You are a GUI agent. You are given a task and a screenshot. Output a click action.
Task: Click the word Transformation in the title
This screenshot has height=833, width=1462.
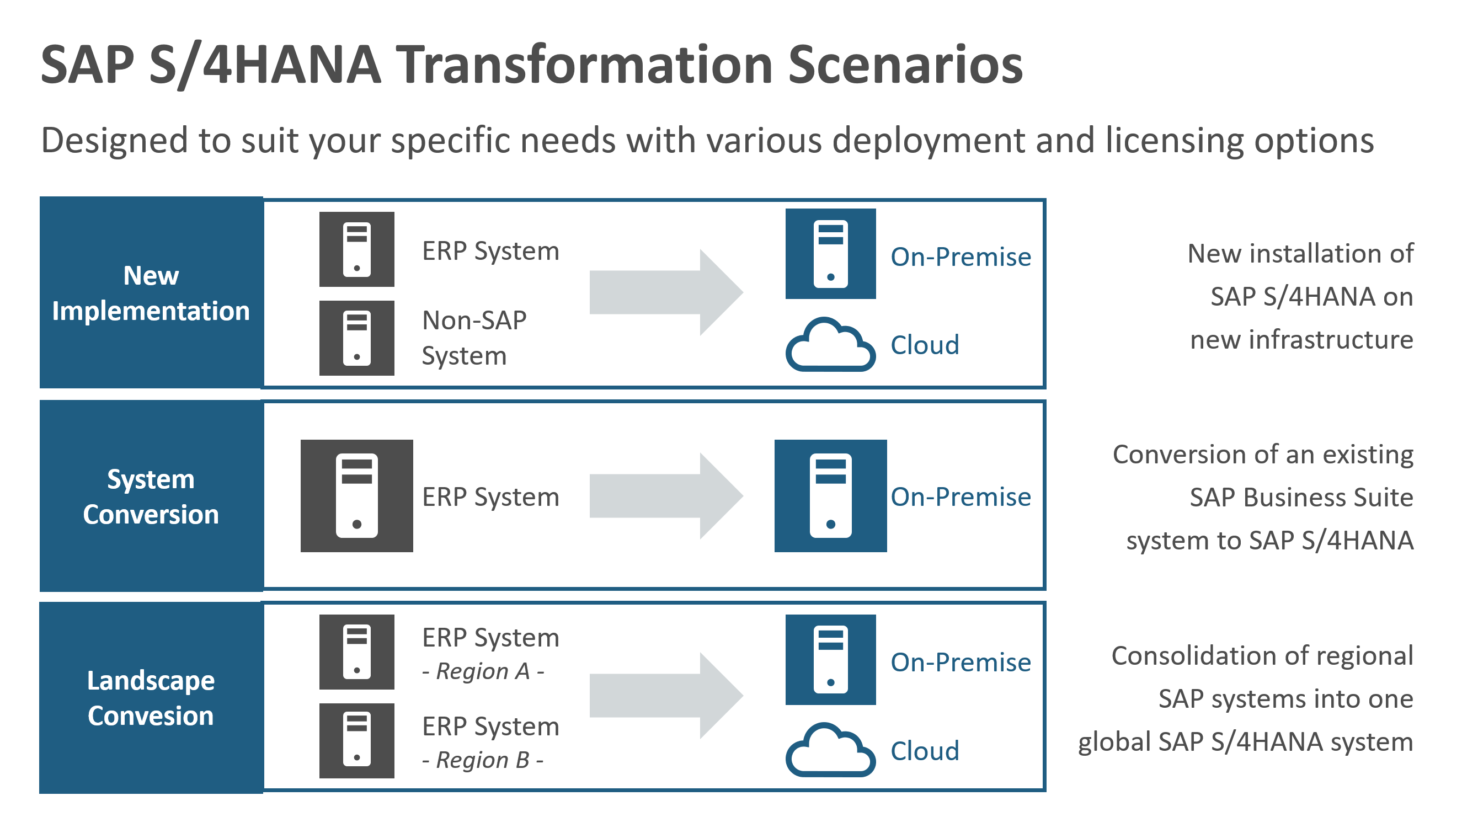click(x=585, y=65)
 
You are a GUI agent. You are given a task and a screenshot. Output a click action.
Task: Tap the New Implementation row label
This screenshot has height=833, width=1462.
click(x=151, y=293)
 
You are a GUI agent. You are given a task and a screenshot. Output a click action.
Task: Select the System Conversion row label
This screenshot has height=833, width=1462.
click(x=151, y=496)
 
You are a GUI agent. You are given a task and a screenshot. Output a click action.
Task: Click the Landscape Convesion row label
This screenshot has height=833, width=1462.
click(x=151, y=698)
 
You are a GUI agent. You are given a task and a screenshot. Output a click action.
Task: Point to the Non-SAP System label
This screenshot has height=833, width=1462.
click(x=473, y=338)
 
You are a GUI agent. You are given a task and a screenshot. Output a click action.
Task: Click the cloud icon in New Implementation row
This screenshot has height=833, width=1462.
click(x=830, y=344)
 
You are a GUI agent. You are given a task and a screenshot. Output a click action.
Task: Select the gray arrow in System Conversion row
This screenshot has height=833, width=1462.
click(x=666, y=496)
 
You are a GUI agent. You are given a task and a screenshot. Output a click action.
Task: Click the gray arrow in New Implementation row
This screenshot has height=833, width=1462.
click(x=666, y=292)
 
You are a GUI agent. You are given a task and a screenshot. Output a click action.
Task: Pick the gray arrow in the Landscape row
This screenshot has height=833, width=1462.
click(x=666, y=696)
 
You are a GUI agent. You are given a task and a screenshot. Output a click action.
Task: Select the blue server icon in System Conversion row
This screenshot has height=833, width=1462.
click(x=830, y=495)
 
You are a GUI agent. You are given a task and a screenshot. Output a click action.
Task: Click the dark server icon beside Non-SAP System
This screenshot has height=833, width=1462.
click(x=356, y=338)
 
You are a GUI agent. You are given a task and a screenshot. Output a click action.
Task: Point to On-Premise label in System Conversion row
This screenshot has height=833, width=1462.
click(x=961, y=496)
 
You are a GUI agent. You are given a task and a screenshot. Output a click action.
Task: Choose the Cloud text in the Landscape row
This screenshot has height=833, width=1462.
click(x=924, y=751)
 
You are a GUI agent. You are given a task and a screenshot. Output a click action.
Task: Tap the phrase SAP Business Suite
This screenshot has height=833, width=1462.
click(x=1301, y=497)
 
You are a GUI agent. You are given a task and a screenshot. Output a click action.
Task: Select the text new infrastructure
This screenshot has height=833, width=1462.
click(x=1301, y=340)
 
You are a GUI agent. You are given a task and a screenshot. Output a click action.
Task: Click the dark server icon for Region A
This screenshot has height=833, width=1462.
click(x=356, y=652)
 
